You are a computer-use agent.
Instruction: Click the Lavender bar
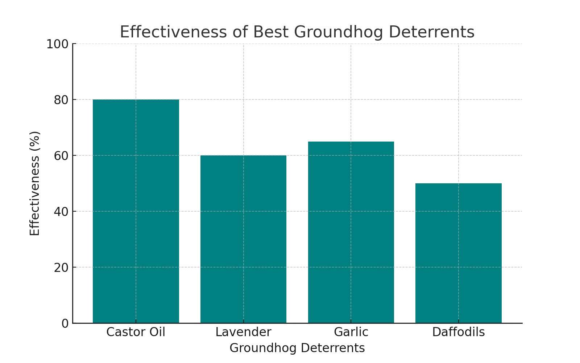pos(243,239)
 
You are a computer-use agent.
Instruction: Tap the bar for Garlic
pos(351,232)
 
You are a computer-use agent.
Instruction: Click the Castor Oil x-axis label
pos(136,332)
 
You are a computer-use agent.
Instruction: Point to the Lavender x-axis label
pos(243,332)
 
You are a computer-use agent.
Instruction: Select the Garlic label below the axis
pos(351,332)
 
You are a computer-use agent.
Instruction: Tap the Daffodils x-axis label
pos(459,332)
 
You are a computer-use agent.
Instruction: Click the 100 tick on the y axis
pos(57,44)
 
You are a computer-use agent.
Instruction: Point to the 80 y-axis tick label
pos(61,100)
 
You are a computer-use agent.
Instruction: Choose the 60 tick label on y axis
pos(61,156)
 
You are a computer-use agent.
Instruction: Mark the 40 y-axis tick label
pos(61,212)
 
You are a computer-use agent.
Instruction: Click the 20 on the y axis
pos(61,268)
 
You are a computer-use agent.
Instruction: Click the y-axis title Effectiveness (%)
pos(35,183)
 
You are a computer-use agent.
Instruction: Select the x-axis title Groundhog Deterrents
pos(297,348)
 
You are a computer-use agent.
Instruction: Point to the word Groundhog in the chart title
pos(339,32)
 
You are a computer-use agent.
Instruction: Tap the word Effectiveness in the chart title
pos(173,32)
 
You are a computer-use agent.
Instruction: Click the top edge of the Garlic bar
pos(351,142)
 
